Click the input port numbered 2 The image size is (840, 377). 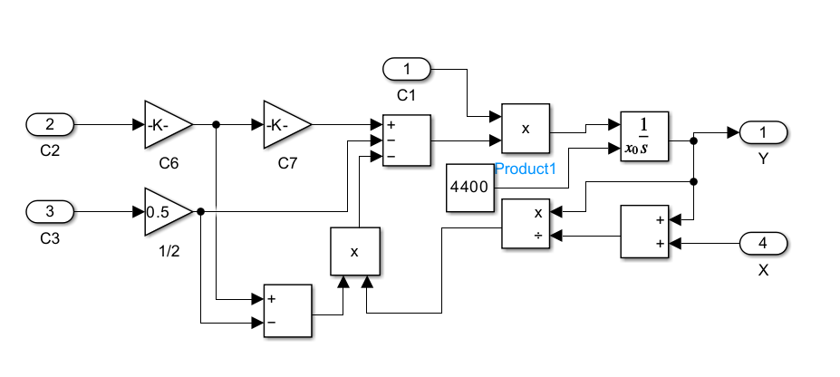51,124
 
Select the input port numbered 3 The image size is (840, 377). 51,212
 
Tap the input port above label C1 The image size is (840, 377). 407,68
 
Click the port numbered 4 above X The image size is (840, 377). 764,244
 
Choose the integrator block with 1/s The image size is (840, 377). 644,137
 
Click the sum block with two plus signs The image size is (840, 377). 644,231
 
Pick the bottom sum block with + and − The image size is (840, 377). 287,310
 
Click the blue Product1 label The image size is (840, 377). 525,169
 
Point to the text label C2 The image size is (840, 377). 50,150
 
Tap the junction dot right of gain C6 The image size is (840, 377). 216,124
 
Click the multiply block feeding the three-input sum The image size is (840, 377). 354,251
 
